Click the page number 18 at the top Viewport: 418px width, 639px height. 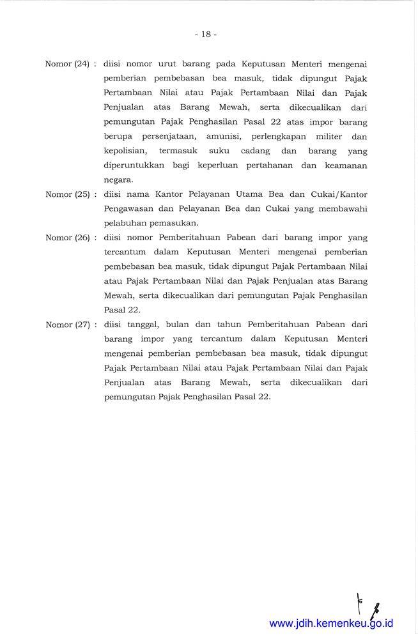coord(205,35)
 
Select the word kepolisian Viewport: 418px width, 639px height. coord(126,151)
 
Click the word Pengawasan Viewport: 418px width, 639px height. coord(129,209)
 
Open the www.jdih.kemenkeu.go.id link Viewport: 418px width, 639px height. coord(331,623)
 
